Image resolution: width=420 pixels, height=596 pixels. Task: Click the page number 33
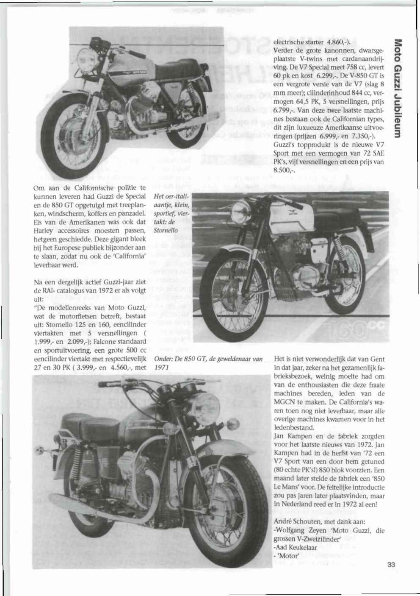point(390,564)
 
